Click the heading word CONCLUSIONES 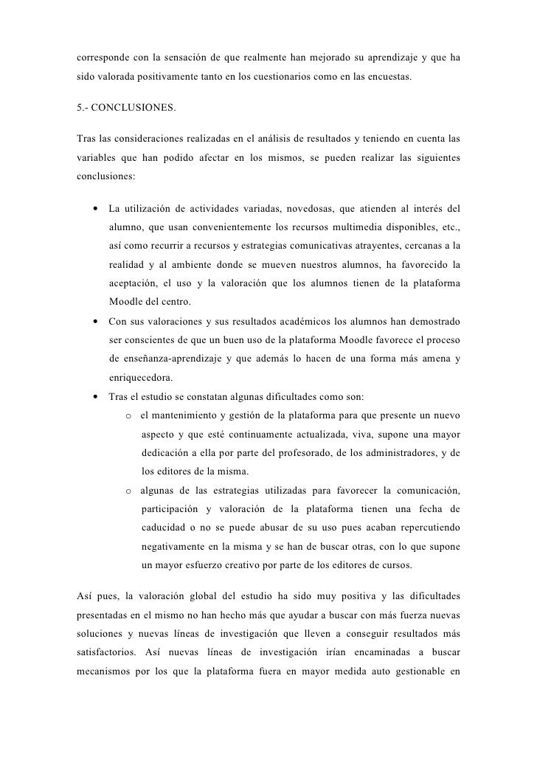[135, 108]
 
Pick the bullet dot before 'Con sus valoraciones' [97, 322]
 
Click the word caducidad [164, 529]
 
